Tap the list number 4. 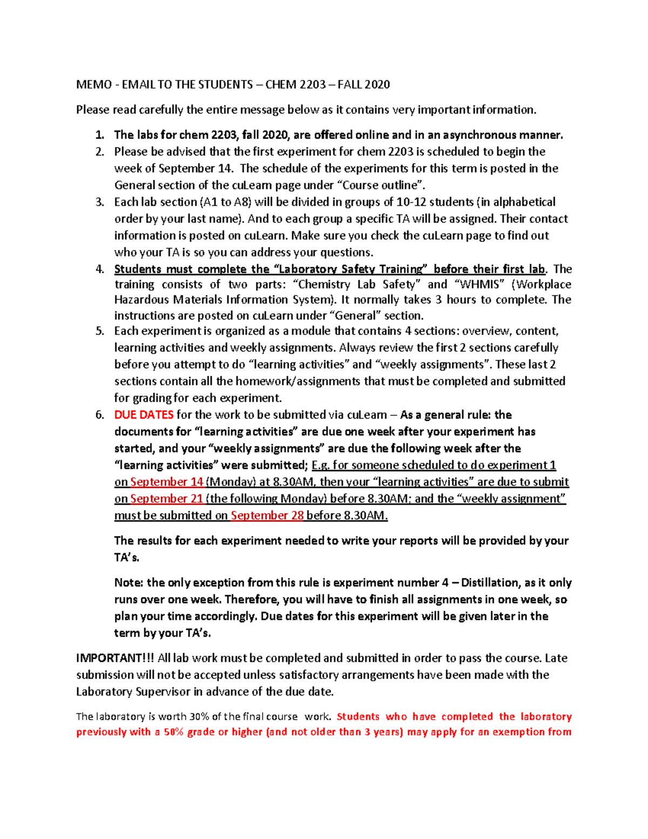[x=99, y=269]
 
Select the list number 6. [x=99, y=415]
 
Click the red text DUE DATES [x=144, y=415]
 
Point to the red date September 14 [x=167, y=482]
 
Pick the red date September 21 [x=167, y=499]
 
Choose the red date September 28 [x=267, y=515]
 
